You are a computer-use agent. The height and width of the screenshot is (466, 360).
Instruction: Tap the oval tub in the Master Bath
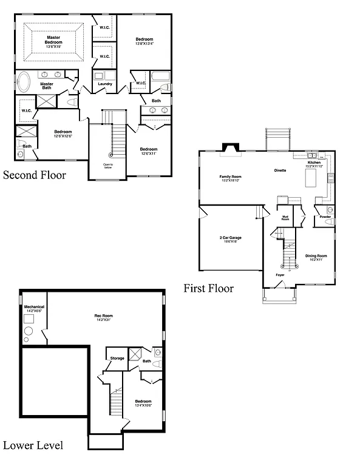[x=25, y=81]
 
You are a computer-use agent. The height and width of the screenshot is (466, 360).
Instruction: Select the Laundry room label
[x=105, y=84]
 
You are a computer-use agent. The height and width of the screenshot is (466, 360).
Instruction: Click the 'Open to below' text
[x=108, y=167]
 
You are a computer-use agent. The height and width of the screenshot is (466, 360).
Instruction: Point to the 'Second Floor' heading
[x=35, y=175]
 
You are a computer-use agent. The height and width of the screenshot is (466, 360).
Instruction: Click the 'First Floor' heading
[x=209, y=288]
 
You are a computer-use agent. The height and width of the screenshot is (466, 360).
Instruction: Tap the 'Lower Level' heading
[x=33, y=446]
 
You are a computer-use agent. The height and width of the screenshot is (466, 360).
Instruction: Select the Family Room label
[x=231, y=178]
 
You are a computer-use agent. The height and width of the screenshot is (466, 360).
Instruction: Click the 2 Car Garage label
[x=231, y=238]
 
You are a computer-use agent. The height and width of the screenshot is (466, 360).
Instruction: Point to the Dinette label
[x=279, y=171]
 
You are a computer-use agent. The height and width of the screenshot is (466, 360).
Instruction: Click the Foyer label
[x=280, y=275]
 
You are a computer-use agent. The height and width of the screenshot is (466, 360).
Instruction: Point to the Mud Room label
[x=285, y=218]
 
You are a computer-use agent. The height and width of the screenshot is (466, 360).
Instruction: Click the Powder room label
[x=325, y=217]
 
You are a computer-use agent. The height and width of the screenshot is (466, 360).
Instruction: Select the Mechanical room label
[x=34, y=308]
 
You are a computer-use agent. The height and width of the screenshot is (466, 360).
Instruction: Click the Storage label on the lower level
[x=117, y=358]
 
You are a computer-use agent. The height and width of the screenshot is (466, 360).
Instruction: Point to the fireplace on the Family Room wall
[x=231, y=149]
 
